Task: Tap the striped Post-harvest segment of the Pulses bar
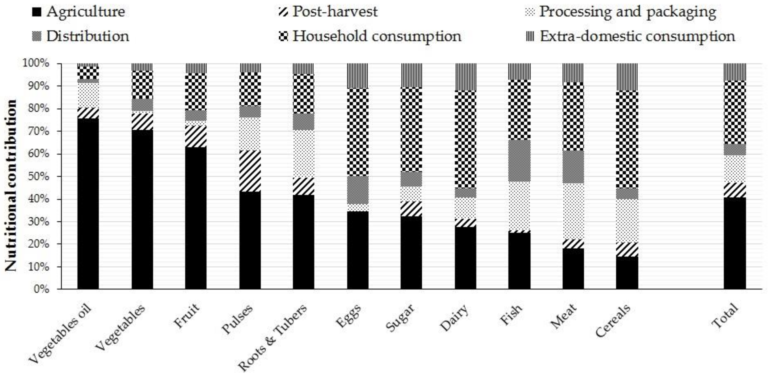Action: coord(250,171)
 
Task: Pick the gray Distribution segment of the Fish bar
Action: coord(519,160)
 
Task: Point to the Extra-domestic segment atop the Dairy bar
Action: coord(466,77)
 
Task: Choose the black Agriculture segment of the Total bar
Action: coord(735,243)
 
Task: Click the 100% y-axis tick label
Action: coord(36,63)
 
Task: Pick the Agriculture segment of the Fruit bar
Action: coord(196,218)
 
